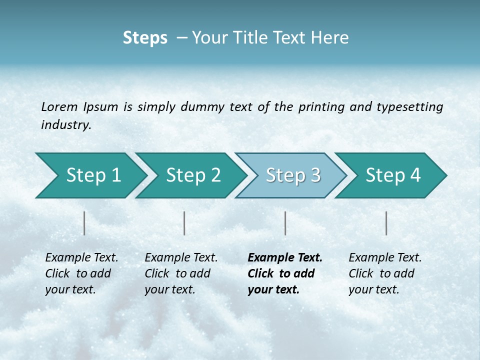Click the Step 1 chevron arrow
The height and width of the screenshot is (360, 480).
click(x=90, y=175)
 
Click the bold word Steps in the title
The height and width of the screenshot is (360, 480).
click(x=145, y=38)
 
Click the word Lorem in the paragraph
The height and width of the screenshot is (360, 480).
click(x=59, y=106)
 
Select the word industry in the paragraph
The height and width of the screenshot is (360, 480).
click(x=66, y=124)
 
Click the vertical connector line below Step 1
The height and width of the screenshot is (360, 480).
click(x=84, y=223)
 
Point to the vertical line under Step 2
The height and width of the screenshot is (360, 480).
click(x=184, y=223)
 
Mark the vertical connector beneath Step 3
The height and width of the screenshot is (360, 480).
click(x=285, y=223)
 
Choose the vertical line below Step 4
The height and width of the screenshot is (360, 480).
click(x=386, y=223)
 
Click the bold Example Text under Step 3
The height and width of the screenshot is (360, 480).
click(x=285, y=258)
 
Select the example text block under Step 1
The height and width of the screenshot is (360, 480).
click(x=81, y=273)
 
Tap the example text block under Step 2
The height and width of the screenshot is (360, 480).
click(x=180, y=273)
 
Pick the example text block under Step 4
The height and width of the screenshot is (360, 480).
click(x=384, y=273)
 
